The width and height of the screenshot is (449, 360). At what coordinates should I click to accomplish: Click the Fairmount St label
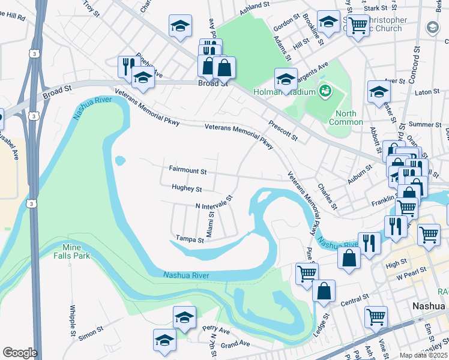coord(188,171)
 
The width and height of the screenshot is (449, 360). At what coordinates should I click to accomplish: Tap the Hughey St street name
coord(187,189)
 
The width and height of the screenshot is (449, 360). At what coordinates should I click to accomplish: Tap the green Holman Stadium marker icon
coord(325,91)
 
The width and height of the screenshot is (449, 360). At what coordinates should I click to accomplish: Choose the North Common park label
coord(346,118)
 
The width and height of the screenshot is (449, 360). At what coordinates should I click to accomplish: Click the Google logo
coord(20,353)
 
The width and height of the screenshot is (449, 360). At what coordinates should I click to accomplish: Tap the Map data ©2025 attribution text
coord(421,355)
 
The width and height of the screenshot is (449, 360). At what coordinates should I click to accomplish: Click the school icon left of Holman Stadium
coord(286,79)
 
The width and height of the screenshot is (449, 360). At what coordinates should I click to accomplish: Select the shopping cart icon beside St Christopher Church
coord(358,25)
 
